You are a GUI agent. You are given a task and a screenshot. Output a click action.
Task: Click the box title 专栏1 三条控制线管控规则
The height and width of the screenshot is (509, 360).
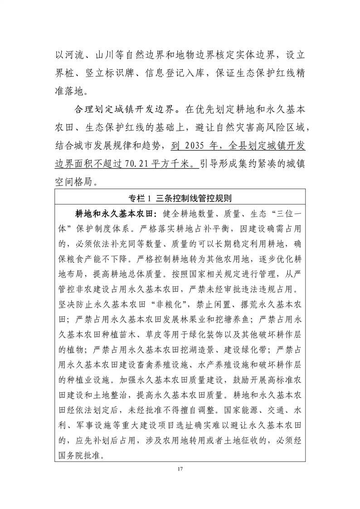click(x=180, y=198)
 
